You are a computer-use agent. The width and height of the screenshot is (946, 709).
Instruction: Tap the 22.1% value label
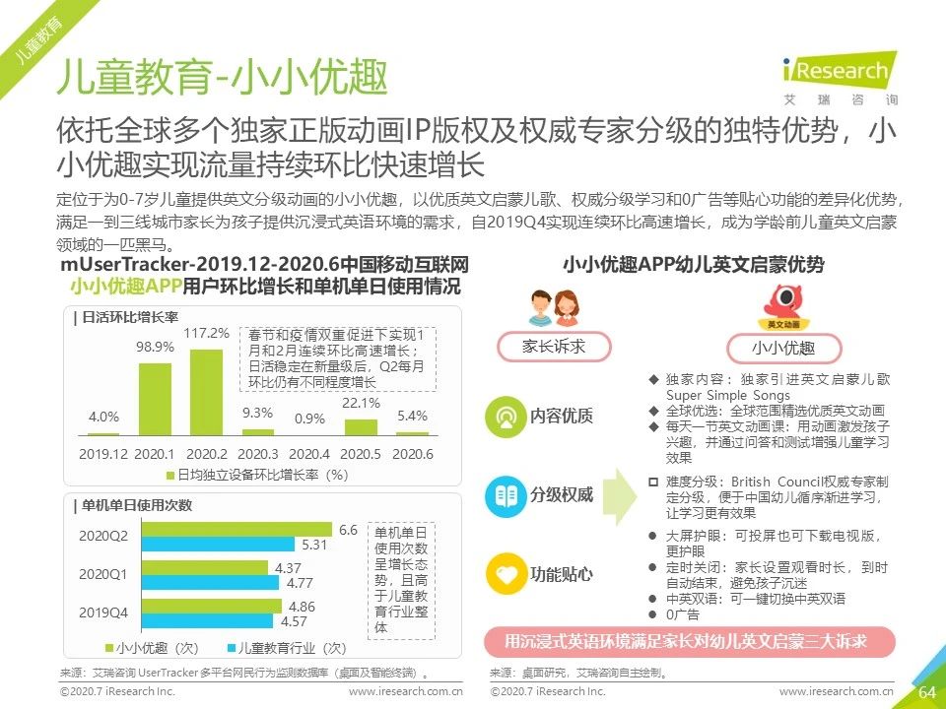click(361, 403)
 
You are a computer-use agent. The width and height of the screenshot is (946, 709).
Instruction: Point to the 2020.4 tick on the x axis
click(309, 453)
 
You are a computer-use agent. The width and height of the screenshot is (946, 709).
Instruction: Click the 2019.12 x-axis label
click(103, 453)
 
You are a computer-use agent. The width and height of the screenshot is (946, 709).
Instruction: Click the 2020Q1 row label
click(103, 574)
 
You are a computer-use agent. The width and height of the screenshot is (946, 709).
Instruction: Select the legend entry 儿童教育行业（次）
click(286, 648)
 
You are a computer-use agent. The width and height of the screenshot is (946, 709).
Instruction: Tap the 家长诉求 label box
click(554, 346)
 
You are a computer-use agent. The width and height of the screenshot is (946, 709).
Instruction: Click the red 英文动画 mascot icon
click(783, 303)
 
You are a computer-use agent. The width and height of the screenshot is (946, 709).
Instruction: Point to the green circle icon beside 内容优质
click(506, 416)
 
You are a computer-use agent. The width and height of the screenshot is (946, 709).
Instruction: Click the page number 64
click(926, 692)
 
